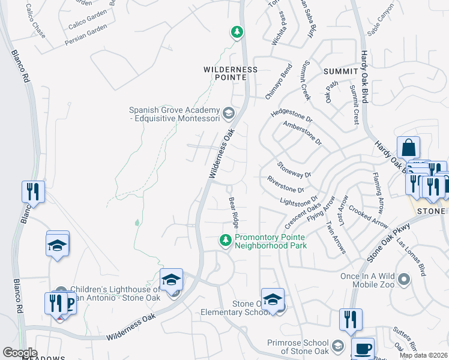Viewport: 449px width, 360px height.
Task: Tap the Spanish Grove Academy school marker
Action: tap(228, 113)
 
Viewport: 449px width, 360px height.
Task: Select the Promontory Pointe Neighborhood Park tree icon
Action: tap(226, 241)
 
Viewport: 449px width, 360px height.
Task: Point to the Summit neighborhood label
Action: tap(340, 71)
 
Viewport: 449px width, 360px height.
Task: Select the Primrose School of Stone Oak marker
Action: tap(338, 347)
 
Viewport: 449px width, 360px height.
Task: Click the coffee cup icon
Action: tap(363, 349)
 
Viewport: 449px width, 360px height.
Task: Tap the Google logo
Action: tap(20, 353)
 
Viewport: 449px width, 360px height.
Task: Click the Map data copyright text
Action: tap(423, 355)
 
